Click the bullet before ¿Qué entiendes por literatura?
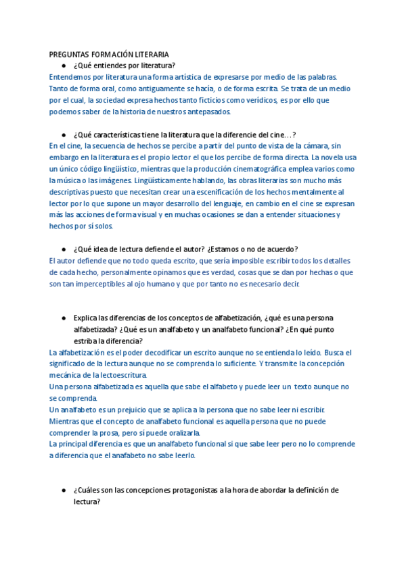click(x=63, y=66)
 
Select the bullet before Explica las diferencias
click(x=63, y=318)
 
